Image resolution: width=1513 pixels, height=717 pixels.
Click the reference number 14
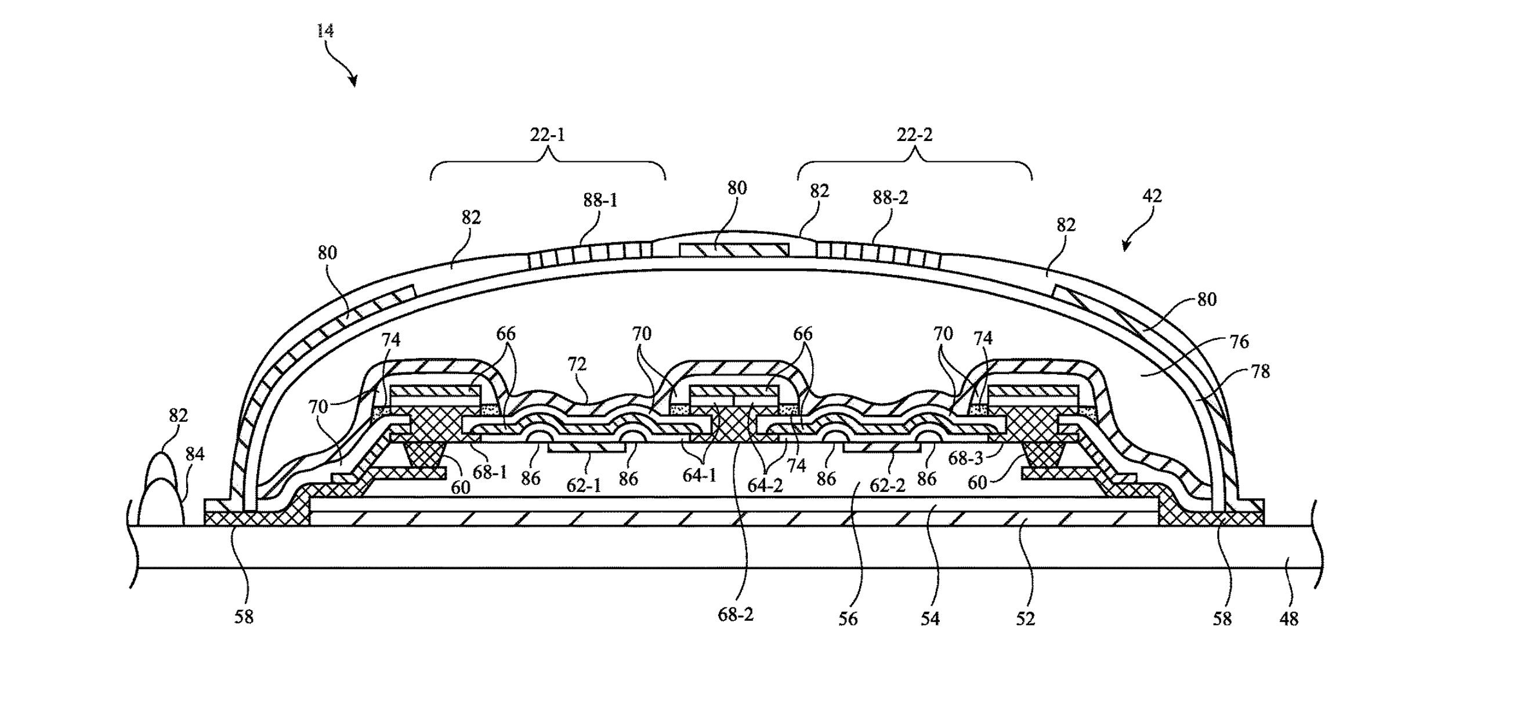point(325,31)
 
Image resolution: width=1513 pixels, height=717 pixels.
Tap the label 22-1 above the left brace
point(548,135)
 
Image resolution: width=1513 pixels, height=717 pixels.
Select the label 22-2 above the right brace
point(914,135)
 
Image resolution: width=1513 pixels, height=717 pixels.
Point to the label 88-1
point(600,200)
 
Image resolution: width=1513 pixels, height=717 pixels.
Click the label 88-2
point(891,198)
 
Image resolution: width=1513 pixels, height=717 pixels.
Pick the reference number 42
point(1152,195)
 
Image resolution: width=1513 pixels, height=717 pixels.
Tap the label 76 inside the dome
point(1239,341)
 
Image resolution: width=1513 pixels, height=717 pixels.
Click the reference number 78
point(1261,371)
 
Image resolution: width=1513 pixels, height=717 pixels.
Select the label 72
point(577,364)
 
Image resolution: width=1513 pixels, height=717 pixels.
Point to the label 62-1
point(584,485)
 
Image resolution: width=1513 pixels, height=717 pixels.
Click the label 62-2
point(888,485)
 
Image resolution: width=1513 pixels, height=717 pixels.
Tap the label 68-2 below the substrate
point(736,615)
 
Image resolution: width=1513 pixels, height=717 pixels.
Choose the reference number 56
point(848,618)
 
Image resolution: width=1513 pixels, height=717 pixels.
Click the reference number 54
point(930,618)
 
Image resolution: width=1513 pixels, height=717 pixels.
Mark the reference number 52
point(1025,618)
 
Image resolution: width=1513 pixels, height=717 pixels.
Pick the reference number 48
point(1288,618)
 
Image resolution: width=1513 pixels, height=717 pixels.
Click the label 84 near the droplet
point(194,454)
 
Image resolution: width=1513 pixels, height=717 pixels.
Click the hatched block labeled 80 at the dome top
point(734,250)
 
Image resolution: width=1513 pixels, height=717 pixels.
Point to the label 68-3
point(965,459)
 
